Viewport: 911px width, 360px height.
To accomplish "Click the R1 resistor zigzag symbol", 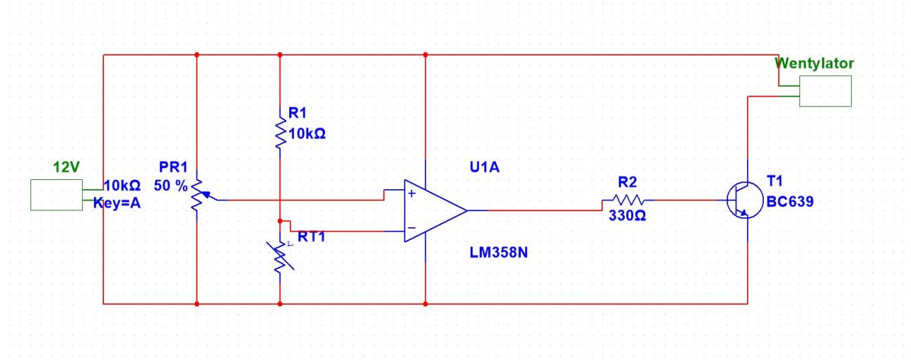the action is coord(280,133).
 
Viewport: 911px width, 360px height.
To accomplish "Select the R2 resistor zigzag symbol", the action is coord(629,200).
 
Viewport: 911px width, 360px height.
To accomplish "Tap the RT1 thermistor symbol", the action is coord(280,257).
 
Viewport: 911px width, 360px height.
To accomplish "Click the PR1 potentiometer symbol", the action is coord(197,196).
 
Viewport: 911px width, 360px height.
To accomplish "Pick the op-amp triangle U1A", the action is coord(435,210).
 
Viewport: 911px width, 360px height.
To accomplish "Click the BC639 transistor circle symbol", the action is coord(745,201).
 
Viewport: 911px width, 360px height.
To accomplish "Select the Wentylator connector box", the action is coord(825,91).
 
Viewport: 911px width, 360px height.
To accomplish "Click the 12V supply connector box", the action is coord(56,195).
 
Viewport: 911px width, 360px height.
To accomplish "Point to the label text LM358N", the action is coord(499,253).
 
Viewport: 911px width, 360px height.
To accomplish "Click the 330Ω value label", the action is coord(627,216).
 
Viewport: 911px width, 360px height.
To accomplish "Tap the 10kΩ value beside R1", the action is coord(307,134).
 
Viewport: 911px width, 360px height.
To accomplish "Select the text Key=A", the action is coord(117,203).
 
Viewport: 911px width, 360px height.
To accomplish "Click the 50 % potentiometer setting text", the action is coord(170,186).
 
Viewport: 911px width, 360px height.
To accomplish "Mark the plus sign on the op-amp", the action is coord(411,194).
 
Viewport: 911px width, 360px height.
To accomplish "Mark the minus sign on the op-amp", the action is coord(411,228).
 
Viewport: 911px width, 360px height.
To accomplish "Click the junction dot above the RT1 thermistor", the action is coord(280,221).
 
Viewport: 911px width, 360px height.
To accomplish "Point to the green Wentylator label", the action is coord(814,64).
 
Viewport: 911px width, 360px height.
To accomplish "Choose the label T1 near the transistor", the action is coord(774,181).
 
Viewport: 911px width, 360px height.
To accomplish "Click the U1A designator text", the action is coord(484,167).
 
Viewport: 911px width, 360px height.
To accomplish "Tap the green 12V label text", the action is coord(66,167).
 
